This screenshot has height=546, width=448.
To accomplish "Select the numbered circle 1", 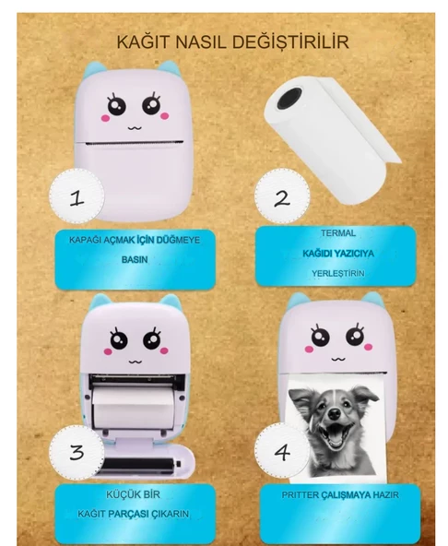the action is (77, 196).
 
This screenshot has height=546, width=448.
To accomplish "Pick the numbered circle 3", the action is (77, 452).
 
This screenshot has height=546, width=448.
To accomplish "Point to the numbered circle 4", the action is (282, 452).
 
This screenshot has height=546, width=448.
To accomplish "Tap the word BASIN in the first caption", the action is (135, 260).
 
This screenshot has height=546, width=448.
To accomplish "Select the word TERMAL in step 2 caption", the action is (338, 233).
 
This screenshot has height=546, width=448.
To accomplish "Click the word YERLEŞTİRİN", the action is (338, 273).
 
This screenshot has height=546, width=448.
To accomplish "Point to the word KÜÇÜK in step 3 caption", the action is (118, 494).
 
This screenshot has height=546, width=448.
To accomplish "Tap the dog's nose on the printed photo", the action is (335, 414).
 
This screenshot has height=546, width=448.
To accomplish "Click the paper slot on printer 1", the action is (135, 143).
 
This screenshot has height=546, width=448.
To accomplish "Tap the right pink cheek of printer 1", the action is (165, 115).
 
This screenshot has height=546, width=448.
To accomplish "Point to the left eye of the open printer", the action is (119, 339).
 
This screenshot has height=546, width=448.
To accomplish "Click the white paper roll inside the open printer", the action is (135, 404).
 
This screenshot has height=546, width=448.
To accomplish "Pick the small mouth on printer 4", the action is (337, 359).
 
